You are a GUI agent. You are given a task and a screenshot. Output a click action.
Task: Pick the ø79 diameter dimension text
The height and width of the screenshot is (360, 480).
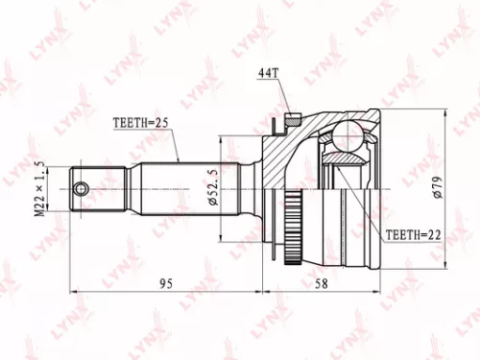tap(438, 189)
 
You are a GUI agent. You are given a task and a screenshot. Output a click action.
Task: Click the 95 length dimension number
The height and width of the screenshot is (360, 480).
tap(165, 283)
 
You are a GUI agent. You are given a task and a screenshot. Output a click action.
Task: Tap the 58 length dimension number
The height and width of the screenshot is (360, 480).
tap(322, 283)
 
